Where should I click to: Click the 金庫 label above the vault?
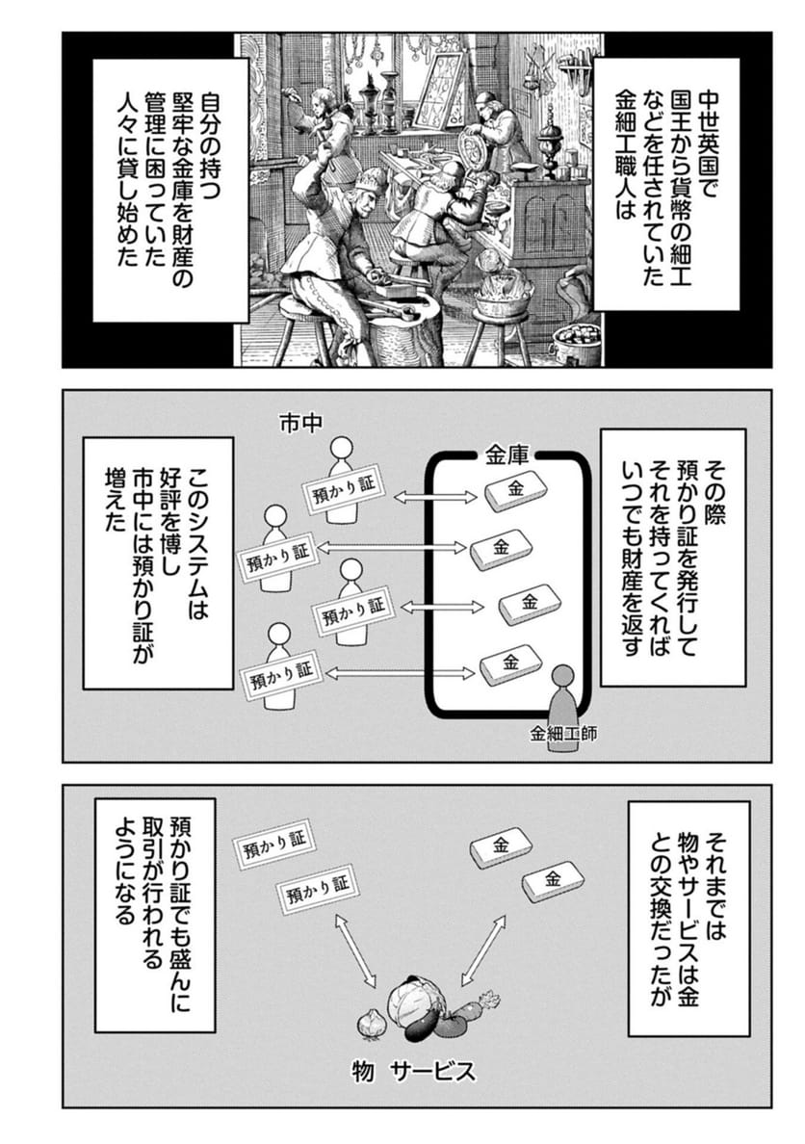pyautogui.click(x=506, y=456)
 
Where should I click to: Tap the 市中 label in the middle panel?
pyautogui.click(x=300, y=423)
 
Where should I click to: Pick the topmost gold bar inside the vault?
pyautogui.click(x=515, y=489)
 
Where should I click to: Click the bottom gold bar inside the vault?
pyautogui.click(x=510, y=663)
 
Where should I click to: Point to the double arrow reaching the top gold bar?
pyautogui.click(x=435, y=498)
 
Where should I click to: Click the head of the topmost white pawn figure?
pyautogui.click(x=339, y=447)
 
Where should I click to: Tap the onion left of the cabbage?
pyautogui.click(x=370, y=1022)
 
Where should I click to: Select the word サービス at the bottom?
pyautogui.click(x=432, y=1071)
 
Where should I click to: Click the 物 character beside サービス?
pyautogui.click(x=363, y=1072)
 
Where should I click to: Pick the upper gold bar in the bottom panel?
pyautogui.click(x=500, y=847)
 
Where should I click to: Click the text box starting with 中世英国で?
pyautogui.click(x=665, y=184)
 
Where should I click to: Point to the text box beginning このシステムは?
pyautogui.click(x=158, y=562)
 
